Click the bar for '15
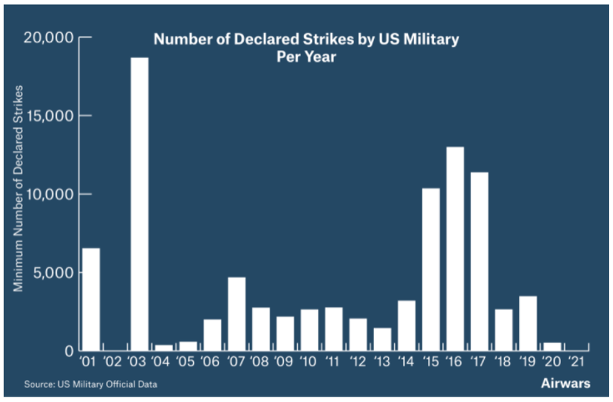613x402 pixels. click(x=431, y=269)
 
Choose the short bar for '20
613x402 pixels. click(x=552, y=346)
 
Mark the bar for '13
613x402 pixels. click(x=382, y=339)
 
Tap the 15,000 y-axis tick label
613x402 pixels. click(x=50, y=116)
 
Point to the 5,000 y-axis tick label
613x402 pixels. click(x=53, y=273)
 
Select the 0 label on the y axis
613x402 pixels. click(x=69, y=351)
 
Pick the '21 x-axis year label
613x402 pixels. click(x=577, y=363)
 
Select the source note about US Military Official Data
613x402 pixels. click(x=91, y=384)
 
